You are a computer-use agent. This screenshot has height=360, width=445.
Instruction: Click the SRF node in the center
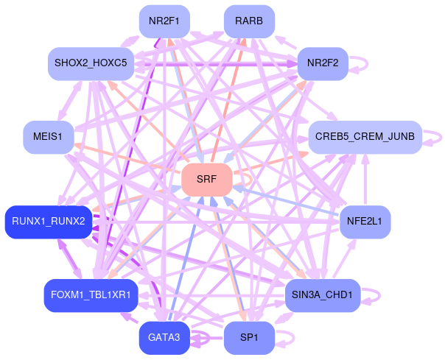pyautogui.click(x=207, y=179)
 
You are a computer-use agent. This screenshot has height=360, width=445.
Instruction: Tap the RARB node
pyautogui.click(x=249, y=21)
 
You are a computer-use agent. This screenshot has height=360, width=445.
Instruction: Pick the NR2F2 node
pyautogui.click(x=323, y=63)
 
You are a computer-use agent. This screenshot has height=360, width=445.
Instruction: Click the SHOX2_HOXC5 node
pyautogui.click(x=91, y=63)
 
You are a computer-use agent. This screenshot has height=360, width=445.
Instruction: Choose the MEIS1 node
pyautogui.click(x=48, y=136)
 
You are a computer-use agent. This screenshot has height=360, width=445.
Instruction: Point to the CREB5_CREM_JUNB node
pyautogui.click(x=365, y=136)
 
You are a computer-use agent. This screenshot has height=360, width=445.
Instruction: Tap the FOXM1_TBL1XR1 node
pyautogui.click(x=91, y=295)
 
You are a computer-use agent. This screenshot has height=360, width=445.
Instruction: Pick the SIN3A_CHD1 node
pyautogui.click(x=323, y=295)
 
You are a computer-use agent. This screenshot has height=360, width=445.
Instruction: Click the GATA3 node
pyautogui.click(x=164, y=338)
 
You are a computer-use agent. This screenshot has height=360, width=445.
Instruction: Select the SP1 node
pyautogui.click(x=249, y=338)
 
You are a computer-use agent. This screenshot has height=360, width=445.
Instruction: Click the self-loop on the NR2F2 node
pyautogui.click(x=365, y=63)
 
